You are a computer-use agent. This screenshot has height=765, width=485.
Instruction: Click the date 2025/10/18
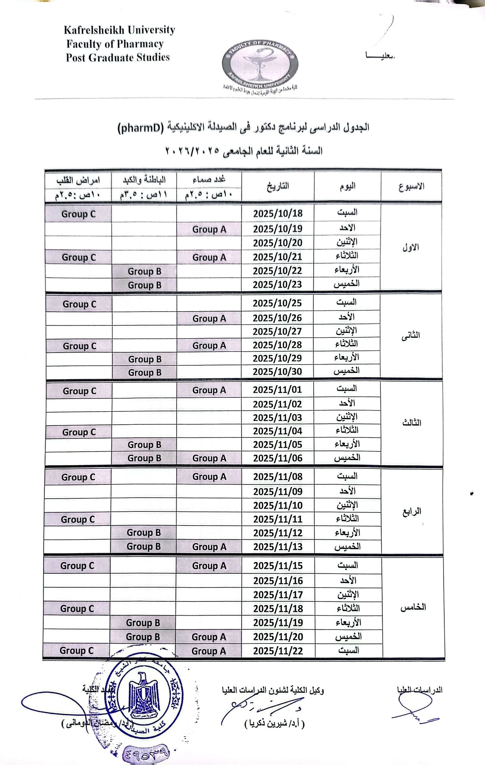coord(277,214)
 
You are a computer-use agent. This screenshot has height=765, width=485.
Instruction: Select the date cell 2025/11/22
coord(278,651)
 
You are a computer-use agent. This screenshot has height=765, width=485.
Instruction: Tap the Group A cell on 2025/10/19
coord(209,229)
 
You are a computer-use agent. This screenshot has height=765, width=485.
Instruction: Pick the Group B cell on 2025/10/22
coord(144,272)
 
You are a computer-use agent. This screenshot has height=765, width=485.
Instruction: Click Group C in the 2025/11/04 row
coord(79,432)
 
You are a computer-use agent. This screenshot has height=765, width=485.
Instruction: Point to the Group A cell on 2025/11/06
coord(209,458)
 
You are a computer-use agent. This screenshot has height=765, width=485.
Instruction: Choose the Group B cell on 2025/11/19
coord(143,623)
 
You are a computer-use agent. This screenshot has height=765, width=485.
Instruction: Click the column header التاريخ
coord(278,186)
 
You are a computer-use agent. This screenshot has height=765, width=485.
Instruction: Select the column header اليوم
coord(347,186)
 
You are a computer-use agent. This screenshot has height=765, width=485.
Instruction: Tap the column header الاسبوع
coord(411,186)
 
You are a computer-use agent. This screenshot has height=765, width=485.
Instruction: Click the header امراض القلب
coord(78,180)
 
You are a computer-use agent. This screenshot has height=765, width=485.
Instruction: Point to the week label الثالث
coord(411,423)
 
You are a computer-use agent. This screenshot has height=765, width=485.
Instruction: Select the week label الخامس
coord(413,607)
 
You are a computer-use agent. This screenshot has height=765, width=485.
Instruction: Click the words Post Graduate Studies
coord(118,58)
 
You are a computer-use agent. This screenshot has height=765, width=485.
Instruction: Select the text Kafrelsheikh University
coord(119,30)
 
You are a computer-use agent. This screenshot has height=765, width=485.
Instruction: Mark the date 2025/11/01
coord(277,390)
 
